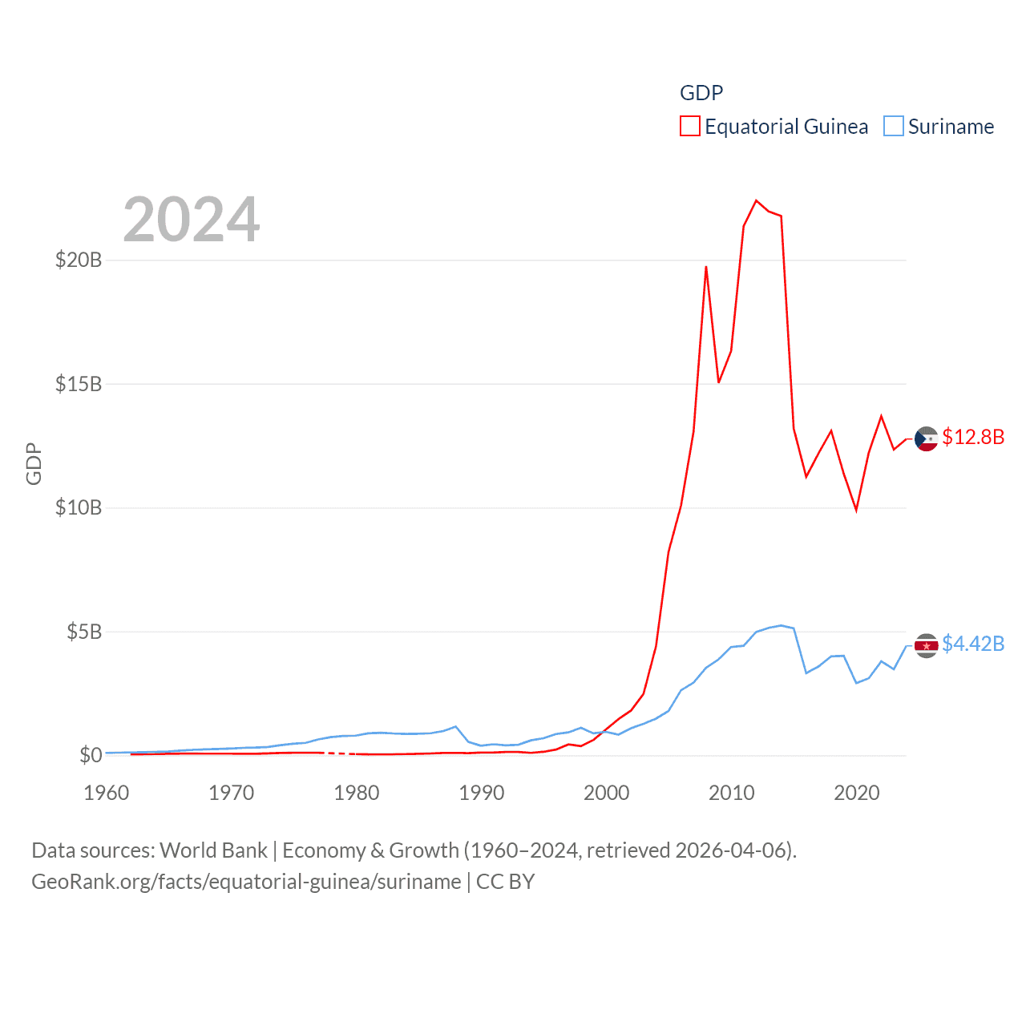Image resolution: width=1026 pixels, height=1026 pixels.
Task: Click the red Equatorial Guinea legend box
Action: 689,127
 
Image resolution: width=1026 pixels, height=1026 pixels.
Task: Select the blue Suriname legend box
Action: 893,127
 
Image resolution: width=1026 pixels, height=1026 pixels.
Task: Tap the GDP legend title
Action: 701,93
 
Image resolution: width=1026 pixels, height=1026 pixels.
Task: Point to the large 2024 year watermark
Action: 192,220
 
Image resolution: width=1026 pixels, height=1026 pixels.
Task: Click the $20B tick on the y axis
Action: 79,260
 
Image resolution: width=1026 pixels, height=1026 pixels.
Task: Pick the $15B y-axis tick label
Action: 79,384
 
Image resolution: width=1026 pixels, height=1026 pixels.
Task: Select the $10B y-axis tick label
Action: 79,507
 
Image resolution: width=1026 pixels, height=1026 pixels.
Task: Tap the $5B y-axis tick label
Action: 84,632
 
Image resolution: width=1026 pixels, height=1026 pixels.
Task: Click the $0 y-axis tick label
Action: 91,755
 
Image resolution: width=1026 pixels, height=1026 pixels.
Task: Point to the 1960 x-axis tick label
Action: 107,793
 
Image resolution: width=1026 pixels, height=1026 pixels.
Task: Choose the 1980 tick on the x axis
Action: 357,793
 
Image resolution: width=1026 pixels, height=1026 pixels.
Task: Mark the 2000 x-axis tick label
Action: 607,793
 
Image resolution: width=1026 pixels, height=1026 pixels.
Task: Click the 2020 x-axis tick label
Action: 857,793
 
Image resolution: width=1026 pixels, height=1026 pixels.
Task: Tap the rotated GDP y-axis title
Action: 34,463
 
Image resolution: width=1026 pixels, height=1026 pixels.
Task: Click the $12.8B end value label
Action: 973,437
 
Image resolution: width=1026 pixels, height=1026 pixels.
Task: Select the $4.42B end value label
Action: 973,644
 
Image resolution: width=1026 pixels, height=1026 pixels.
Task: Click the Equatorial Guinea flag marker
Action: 926,438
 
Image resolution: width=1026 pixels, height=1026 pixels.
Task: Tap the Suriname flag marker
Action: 926,645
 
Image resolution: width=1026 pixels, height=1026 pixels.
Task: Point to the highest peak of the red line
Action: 756,200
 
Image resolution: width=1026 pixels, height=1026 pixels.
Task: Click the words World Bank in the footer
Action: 214,850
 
